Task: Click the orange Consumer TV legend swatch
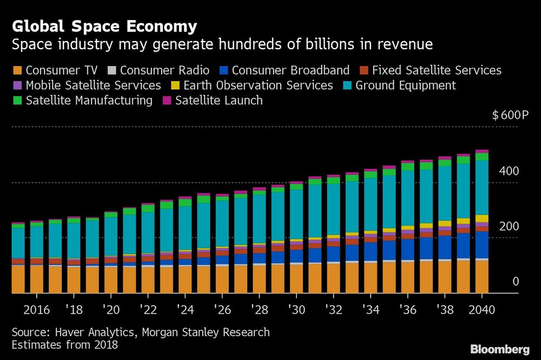(x=17, y=70)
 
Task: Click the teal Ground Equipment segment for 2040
(x=481, y=187)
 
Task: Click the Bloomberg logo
(x=500, y=349)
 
